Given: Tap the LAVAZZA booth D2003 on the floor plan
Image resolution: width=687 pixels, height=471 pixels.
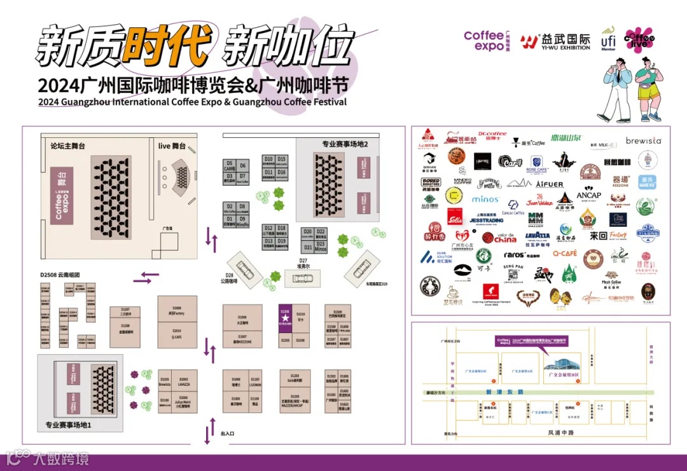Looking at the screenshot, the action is tap(183, 383).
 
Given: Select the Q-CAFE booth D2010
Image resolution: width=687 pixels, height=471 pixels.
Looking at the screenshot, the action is tap(177, 334).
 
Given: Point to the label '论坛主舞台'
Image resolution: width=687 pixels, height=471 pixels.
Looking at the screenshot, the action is tap(68, 146).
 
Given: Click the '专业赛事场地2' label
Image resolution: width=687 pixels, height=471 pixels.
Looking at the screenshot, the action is tap(345, 144).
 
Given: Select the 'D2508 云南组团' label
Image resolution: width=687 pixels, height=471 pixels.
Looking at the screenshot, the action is tap(62, 275).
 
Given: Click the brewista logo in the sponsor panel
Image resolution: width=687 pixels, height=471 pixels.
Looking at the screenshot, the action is tap(643, 140).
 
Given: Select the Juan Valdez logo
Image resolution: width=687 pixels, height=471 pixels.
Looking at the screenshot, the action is tap(539, 202).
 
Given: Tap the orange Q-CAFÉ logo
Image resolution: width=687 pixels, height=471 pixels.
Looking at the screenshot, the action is tap(564, 253).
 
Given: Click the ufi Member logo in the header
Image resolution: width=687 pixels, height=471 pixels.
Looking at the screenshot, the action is tap(608, 39).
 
